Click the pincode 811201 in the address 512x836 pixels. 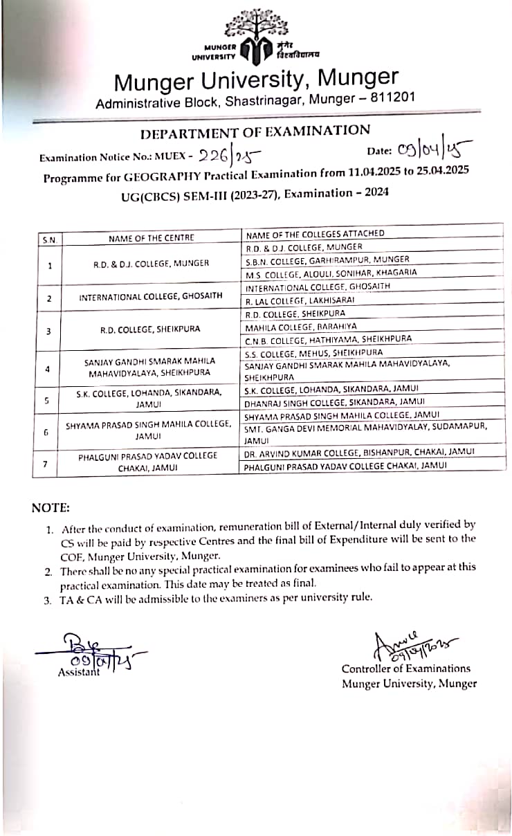[x=392, y=98]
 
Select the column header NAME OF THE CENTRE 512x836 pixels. [x=152, y=238]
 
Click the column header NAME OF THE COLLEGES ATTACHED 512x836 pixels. [x=315, y=235]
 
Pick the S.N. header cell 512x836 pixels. [x=48, y=239]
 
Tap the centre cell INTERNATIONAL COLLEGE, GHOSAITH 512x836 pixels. [x=152, y=296]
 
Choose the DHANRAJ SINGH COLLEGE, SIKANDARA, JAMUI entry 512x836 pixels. [x=335, y=401]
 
